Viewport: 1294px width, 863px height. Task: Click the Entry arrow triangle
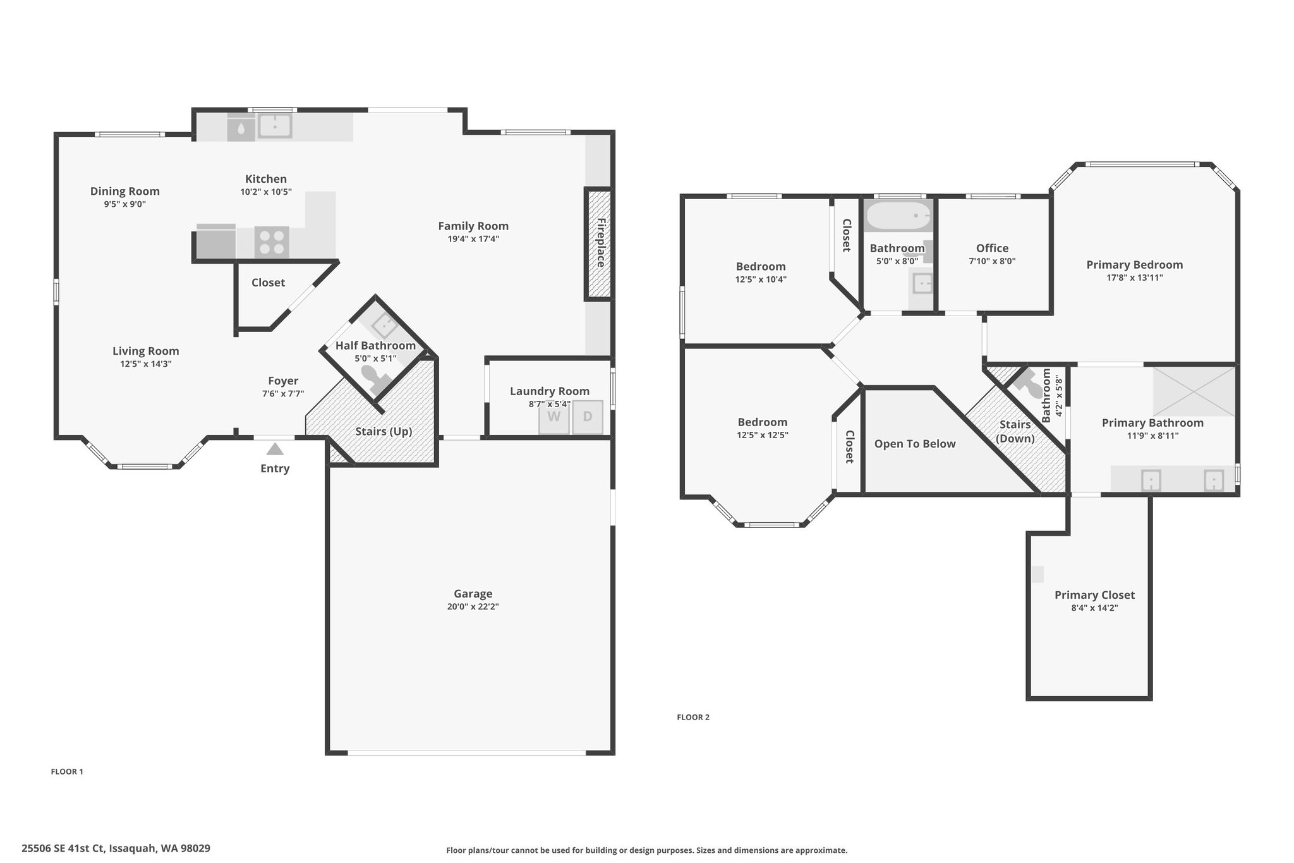point(275,449)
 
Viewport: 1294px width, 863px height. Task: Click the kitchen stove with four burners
point(272,242)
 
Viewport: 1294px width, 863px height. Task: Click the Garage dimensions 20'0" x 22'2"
point(473,607)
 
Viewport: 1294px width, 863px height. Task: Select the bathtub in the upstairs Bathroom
point(898,216)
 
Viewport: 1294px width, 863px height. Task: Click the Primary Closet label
point(1094,595)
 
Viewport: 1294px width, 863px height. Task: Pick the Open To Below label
point(915,444)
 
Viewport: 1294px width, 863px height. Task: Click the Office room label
point(992,248)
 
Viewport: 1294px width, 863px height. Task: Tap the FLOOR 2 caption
point(693,717)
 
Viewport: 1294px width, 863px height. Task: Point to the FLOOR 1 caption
point(67,771)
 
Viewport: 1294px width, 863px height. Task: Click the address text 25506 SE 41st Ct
point(63,848)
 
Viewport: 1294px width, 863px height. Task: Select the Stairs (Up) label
point(384,432)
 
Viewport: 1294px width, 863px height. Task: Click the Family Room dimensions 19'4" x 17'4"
point(473,239)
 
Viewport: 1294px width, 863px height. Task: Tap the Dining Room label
point(125,192)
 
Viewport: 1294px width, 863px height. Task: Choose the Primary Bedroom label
point(1135,265)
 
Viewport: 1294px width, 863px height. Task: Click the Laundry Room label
point(550,391)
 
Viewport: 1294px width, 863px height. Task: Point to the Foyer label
point(283,381)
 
